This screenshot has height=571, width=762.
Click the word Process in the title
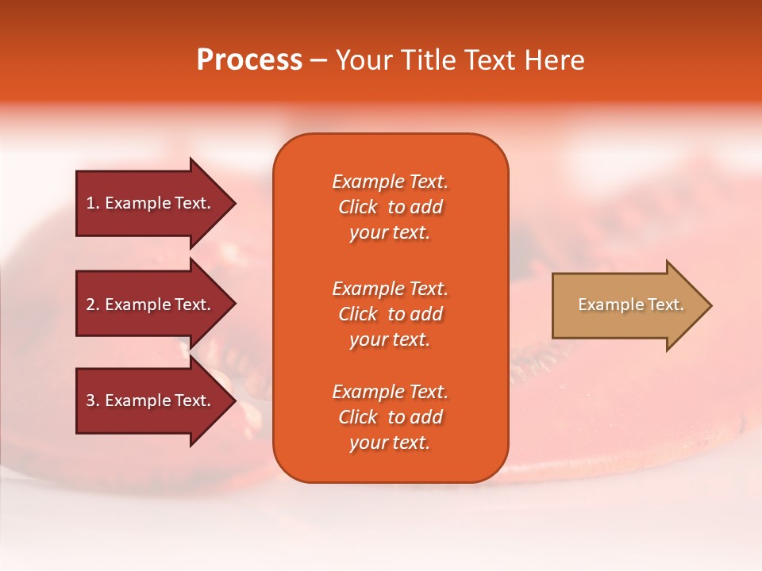(x=249, y=60)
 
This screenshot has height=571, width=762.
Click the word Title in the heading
(x=429, y=60)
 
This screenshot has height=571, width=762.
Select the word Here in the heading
(x=556, y=60)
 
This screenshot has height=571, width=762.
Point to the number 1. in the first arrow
(x=93, y=203)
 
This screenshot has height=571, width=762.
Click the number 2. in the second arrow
(x=93, y=305)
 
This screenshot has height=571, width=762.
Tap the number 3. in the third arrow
(x=93, y=400)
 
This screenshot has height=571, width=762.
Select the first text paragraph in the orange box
(x=390, y=207)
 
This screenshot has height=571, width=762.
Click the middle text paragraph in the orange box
(x=390, y=314)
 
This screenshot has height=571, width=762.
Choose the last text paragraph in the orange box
(x=390, y=417)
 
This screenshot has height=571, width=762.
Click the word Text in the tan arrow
(x=665, y=305)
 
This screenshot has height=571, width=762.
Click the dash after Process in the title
(x=318, y=61)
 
